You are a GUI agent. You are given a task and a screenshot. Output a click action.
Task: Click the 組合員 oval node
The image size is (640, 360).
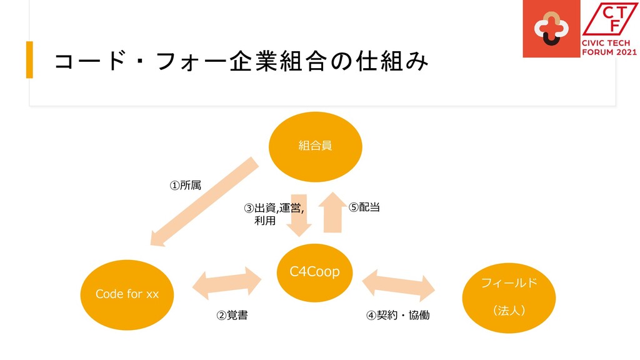tap(315, 146)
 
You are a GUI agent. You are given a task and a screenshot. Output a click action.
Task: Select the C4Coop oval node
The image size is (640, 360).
tap(314, 272)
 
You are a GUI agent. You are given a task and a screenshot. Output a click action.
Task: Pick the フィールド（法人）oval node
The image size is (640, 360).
tap(509, 297)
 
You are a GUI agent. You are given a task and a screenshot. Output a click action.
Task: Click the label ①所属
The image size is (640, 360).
tap(186, 186)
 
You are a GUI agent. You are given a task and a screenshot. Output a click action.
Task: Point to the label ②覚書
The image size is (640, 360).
tap(231, 316)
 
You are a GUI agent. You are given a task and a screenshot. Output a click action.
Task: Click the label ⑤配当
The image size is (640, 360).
tap(364, 207)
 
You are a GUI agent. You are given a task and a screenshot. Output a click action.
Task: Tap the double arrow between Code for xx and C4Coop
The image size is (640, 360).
tap(226, 283)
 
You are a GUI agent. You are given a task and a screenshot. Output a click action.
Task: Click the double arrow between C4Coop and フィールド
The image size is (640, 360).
tap(399, 283)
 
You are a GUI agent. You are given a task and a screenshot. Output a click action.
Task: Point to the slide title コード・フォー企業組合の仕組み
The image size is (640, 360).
tap(241, 61)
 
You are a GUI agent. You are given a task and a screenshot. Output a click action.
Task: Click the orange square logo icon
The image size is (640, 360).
tap(550, 29)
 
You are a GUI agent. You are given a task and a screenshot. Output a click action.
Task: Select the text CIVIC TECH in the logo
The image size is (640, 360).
tap(609, 42)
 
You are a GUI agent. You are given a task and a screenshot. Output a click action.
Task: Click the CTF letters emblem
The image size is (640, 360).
tap(609, 19)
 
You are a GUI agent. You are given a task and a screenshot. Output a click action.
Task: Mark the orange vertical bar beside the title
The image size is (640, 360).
tap(29, 60)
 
